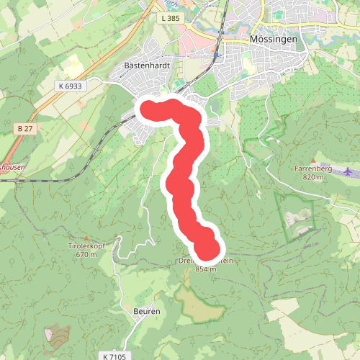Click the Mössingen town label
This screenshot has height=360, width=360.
274,40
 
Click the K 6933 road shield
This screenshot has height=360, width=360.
70,86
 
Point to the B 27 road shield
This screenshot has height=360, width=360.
24,128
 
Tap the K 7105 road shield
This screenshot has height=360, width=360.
113,356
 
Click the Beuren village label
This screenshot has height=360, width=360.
146,312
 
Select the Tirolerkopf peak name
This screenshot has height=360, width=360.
87,246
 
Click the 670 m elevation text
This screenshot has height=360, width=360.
86,254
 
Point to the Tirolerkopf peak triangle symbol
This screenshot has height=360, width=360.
86,238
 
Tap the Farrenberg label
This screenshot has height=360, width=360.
311,168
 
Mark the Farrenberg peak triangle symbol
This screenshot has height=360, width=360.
312,161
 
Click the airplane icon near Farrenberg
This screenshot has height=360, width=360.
350,171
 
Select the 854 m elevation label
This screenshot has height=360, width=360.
206,270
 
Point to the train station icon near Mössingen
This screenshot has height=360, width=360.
215,55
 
